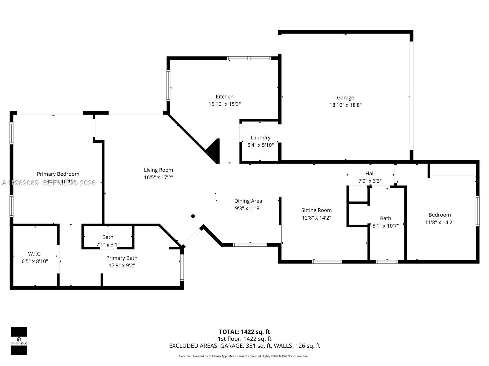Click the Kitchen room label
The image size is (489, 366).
coord(224,97)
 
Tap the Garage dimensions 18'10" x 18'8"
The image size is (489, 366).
coord(345,105)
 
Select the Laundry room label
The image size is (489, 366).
coord(260,138)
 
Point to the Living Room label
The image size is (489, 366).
coord(158,170)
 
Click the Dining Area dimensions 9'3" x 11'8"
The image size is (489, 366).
coord(248,208)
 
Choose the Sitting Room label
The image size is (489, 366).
coord(316,210)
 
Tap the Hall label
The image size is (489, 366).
coord(370,174)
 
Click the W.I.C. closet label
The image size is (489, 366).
coord(35,254)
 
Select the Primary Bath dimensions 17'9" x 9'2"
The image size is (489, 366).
coord(122,265)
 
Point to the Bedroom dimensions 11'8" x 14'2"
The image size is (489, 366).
coord(439,222)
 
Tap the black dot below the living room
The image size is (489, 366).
coord(193,216)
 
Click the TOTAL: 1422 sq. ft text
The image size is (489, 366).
coord(244,332)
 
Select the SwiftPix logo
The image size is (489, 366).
coord(19,341)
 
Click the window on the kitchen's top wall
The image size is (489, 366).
coord(249,58)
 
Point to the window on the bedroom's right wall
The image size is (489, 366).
coord(477,211)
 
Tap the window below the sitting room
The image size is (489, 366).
coord(326,262)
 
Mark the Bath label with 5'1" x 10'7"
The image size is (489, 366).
coord(385,218)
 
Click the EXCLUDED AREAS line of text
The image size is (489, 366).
coord(244,346)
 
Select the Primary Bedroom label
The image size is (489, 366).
coord(58,174)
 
